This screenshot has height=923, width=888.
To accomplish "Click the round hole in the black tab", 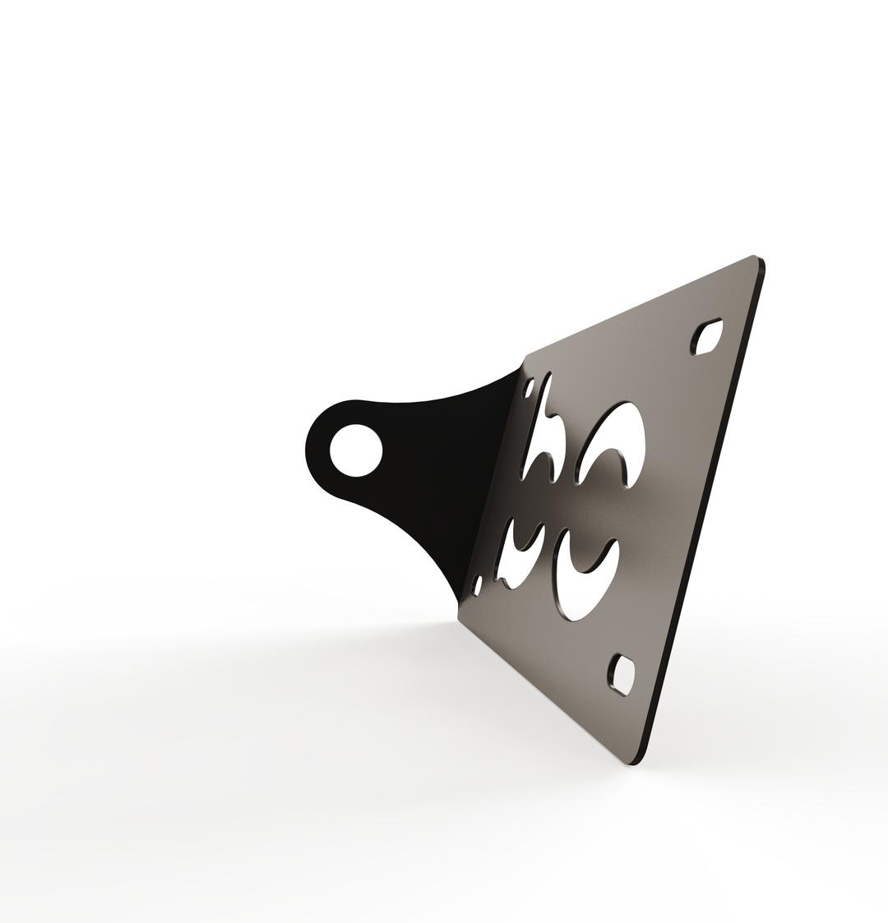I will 356,450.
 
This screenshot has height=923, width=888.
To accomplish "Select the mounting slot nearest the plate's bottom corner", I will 622,675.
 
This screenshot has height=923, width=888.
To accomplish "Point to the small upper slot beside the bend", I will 530,387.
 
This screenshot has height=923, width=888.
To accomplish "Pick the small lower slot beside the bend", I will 477,584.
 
